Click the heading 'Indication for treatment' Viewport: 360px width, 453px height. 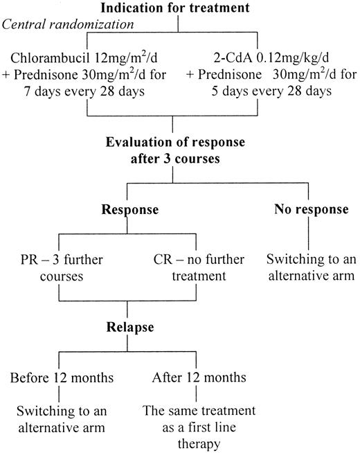point(179,8)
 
